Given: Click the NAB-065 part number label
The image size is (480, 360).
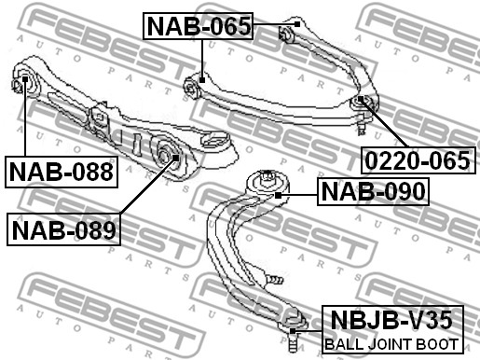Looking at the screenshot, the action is tap(199, 26).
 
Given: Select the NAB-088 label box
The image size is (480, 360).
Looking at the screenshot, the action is tap(62, 172).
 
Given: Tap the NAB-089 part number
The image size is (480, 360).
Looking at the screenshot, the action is tap(63, 229).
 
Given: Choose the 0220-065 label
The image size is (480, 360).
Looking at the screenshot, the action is tap(418, 160).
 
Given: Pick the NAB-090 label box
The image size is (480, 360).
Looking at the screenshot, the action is tap(373, 191).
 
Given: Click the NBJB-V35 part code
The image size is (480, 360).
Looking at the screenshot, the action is tap(391, 320).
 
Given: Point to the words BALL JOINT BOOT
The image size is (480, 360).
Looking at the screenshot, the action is tap(391, 344).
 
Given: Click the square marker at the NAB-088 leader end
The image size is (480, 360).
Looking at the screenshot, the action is tap(25, 79).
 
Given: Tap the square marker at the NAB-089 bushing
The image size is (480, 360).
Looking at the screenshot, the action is tap(175, 158).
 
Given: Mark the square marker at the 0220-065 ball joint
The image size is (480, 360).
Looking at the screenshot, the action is tap(361, 99).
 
